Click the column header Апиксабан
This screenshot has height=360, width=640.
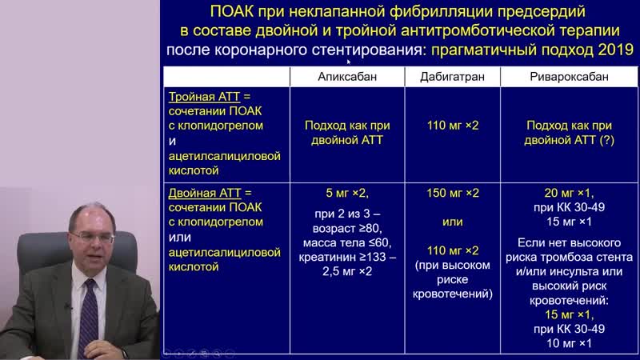[346, 77]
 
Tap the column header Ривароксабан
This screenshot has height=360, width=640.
[568, 77]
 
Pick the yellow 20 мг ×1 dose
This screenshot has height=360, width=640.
[568, 194]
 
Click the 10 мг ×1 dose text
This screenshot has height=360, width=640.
[568, 343]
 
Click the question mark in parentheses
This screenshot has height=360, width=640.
[609, 140]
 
